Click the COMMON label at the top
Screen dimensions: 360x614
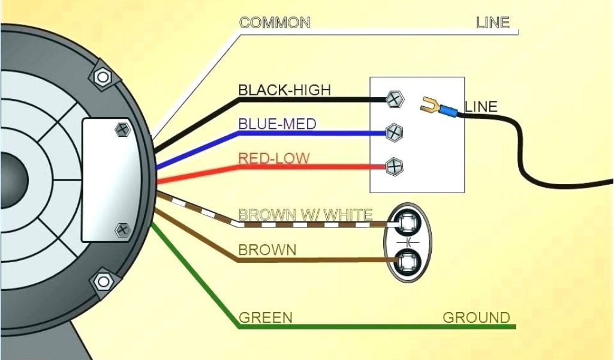[x=275, y=23]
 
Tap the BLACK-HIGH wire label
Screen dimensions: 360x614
[x=284, y=90]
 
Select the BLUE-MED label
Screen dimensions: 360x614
[x=277, y=124]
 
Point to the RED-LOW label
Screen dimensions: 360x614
[x=274, y=158]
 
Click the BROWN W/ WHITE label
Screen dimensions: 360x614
[x=305, y=214]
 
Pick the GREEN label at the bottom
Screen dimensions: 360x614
[x=266, y=317]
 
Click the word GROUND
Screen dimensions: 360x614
[x=476, y=317]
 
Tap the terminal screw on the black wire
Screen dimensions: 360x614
[x=395, y=100]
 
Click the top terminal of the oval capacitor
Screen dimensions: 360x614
[x=408, y=224]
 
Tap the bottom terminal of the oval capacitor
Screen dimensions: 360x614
[x=408, y=260]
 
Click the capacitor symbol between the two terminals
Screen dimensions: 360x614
[x=408, y=242]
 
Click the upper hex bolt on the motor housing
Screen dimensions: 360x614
[x=103, y=77]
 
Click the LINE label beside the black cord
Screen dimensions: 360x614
[x=481, y=107]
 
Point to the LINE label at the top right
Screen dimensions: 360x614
[x=492, y=23]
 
